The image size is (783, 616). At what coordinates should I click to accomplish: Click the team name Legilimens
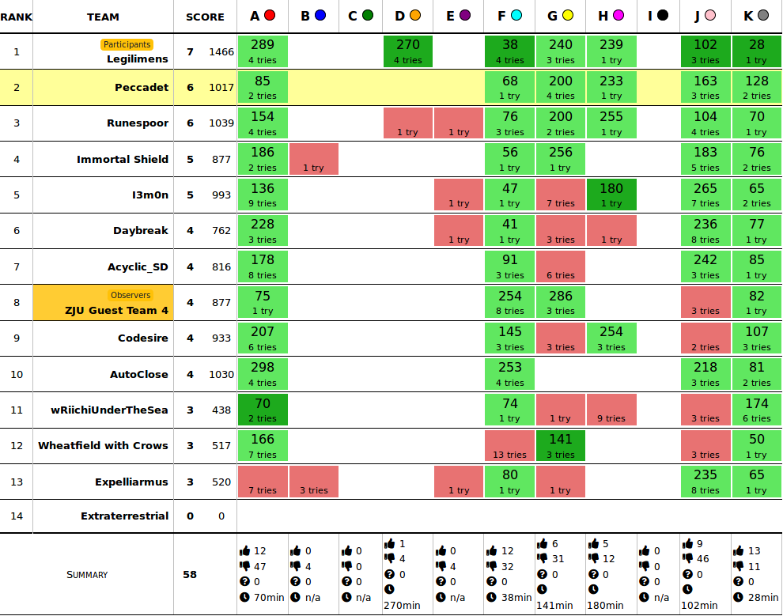(x=138, y=59)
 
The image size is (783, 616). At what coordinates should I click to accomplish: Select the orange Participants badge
(x=127, y=45)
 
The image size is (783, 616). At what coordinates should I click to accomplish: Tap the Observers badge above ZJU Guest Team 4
(x=130, y=295)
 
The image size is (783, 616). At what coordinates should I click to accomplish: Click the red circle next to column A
(x=270, y=15)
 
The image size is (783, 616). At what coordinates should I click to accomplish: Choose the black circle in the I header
(x=663, y=15)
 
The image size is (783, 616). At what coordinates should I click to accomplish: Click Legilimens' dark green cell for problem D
(x=407, y=51)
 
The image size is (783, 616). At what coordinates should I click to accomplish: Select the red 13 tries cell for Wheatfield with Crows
(x=510, y=446)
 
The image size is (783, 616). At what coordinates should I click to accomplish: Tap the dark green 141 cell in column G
(x=560, y=446)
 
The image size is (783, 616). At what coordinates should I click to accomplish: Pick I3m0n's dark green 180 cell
(x=611, y=195)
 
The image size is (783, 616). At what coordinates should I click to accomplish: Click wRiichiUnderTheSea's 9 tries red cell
(x=611, y=410)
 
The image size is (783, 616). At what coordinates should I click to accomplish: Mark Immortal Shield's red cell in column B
(x=314, y=159)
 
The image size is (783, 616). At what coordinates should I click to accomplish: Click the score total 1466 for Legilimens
(x=221, y=52)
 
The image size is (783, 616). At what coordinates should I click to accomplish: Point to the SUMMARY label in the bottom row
(x=87, y=575)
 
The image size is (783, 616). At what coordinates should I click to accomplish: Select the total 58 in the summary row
(x=190, y=575)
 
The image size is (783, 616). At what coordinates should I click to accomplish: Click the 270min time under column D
(x=402, y=605)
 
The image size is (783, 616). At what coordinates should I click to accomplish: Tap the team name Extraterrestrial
(x=124, y=516)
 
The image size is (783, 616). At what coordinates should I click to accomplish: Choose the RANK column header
(x=16, y=17)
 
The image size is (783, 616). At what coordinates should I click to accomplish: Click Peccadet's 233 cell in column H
(x=611, y=87)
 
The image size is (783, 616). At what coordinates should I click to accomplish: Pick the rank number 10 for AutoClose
(x=17, y=374)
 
